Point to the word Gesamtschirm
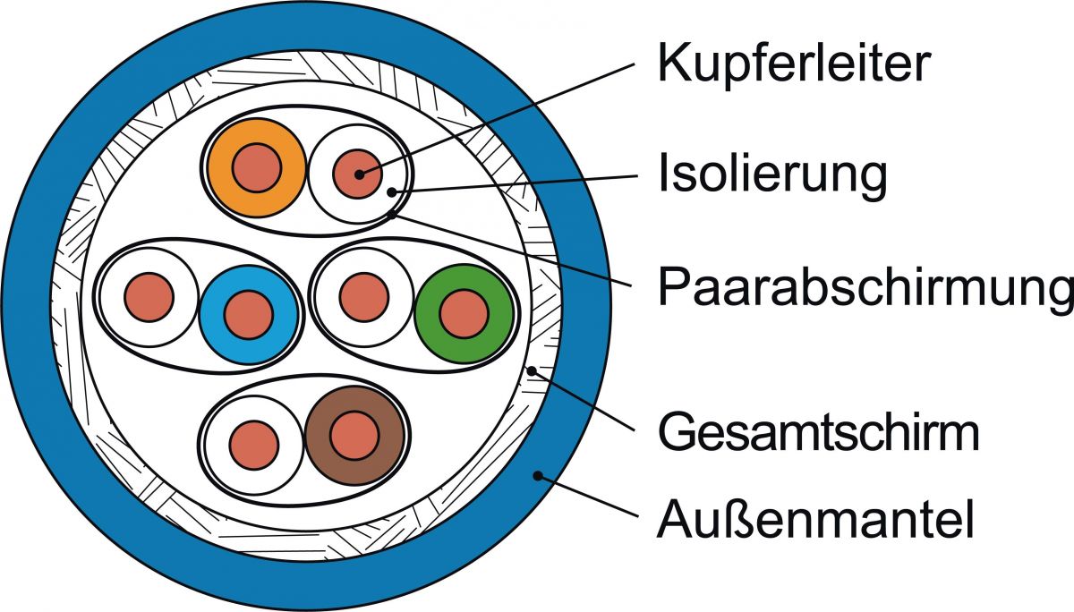(818, 433)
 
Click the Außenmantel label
(815, 519)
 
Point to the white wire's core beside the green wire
(363, 295)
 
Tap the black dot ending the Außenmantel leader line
(538, 475)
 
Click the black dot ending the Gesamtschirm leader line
(532, 370)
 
